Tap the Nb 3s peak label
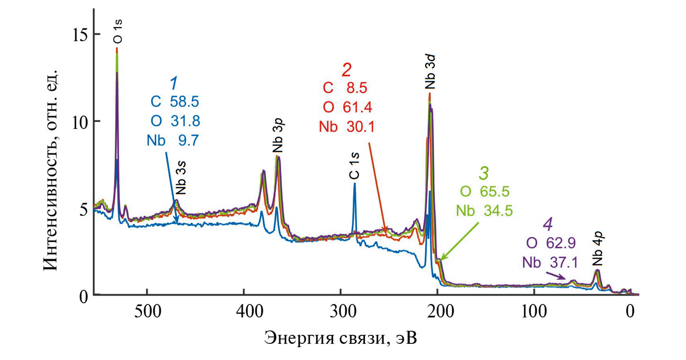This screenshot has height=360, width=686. [181, 182]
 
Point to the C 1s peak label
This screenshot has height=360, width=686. [354, 168]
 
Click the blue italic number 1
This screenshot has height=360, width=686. [174, 83]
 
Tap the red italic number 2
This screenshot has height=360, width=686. [347, 70]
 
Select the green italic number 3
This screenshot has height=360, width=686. [483, 173]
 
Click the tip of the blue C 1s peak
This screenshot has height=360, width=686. [354, 184]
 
